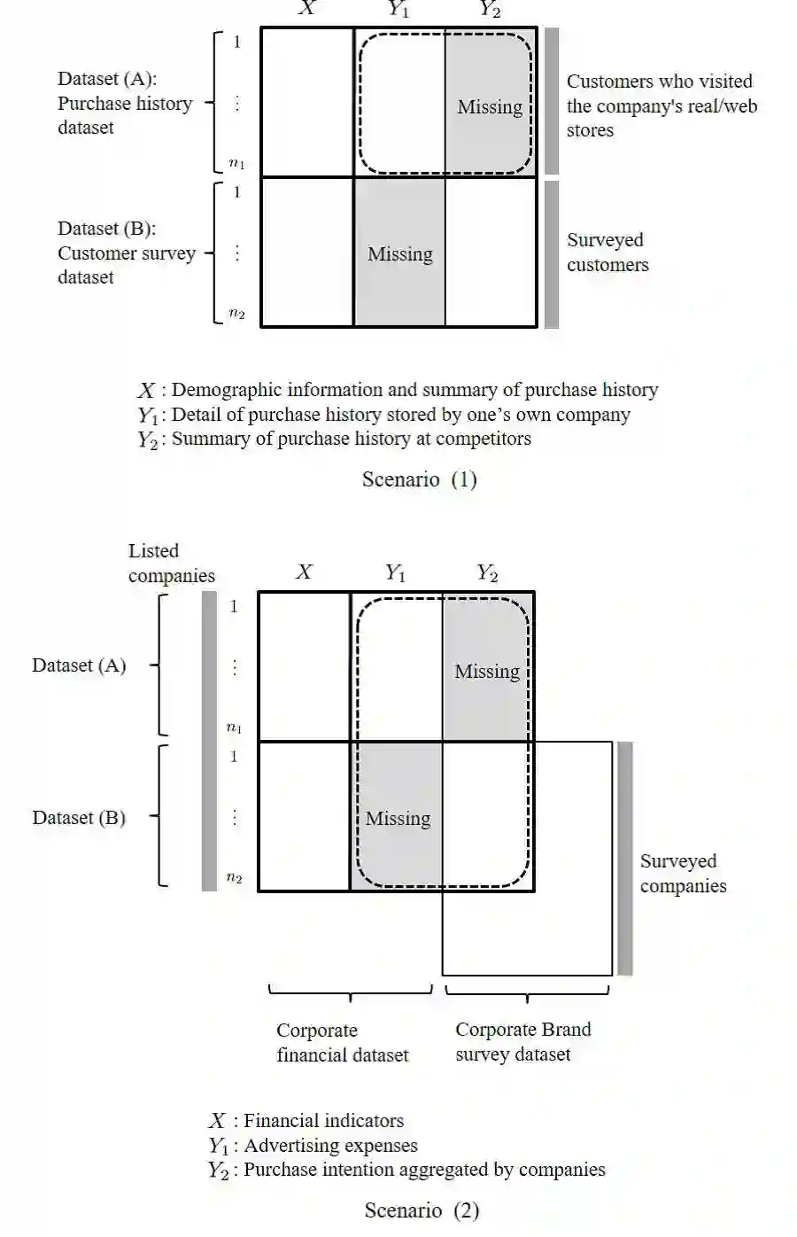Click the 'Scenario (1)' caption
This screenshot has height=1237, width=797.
[x=420, y=479]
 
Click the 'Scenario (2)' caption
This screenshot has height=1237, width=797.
[x=422, y=1210]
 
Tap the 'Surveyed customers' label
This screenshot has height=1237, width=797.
[x=607, y=253]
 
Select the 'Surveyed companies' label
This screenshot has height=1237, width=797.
[x=683, y=874]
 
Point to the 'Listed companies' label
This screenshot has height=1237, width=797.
[x=171, y=564]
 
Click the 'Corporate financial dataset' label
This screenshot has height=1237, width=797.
[x=342, y=1042]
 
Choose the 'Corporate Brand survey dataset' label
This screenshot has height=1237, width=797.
[x=522, y=1042]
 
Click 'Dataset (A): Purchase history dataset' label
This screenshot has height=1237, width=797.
[x=125, y=104]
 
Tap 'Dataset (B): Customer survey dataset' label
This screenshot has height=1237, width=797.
[x=126, y=253]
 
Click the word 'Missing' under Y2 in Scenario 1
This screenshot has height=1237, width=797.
[x=490, y=107]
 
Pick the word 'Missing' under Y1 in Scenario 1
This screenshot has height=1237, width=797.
[x=400, y=254]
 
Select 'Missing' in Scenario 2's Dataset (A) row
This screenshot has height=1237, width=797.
[x=487, y=672]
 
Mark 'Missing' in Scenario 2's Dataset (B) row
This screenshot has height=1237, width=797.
[x=398, y=819]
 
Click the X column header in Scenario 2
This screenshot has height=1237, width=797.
[x=304, y=572]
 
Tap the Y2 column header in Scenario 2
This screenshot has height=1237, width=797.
[x=487, y=572]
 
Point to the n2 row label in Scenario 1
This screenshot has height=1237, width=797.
[x=236, y=313]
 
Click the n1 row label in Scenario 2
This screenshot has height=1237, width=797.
[x=234, y=727]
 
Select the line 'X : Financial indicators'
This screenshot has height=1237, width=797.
[x=306, y=1121]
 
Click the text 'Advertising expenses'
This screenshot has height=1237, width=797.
[x=330, y=1146]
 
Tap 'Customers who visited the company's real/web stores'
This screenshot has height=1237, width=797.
[x=662, y=106]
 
